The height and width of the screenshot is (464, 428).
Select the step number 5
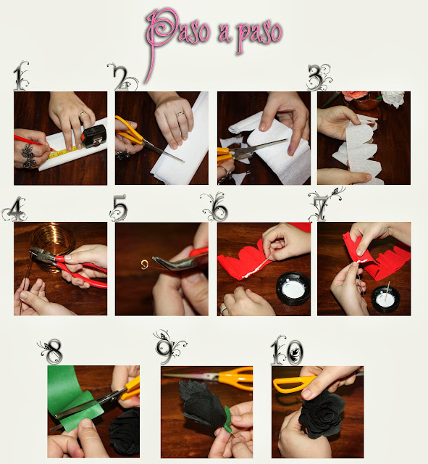pos(119,208)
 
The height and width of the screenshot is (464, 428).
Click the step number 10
pos(287,351)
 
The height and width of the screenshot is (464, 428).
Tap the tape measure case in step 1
pos(93,136)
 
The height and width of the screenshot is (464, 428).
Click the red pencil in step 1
pos(33,143)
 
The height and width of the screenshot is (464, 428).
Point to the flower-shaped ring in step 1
pos(29,155)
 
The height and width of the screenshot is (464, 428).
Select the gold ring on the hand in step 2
pos(180,113)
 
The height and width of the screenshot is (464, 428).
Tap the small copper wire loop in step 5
pos(144,264)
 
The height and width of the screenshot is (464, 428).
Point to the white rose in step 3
pos(393,99)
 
